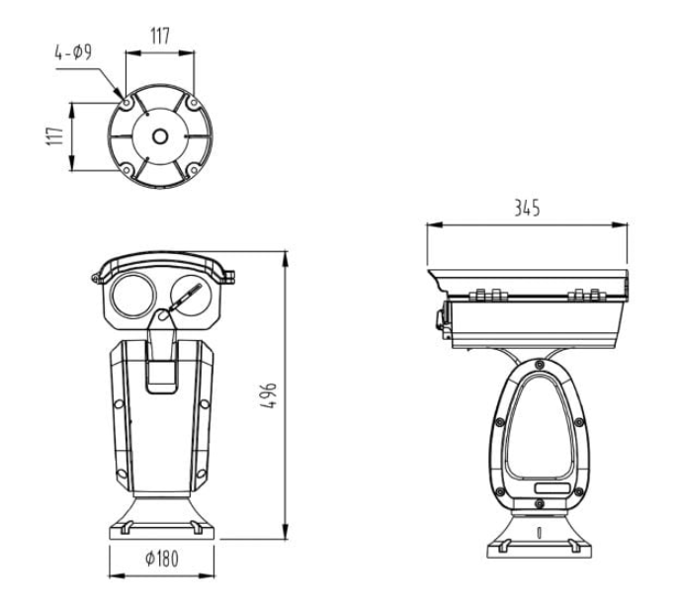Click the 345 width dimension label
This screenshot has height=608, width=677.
click(527, 209)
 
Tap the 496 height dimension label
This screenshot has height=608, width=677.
click(268, 395)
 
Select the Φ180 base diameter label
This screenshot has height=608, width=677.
click(161, 559)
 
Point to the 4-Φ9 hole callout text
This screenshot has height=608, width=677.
click(73, 52)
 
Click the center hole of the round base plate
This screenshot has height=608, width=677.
click(160, 136)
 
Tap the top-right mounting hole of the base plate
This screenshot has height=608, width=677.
click(194, 103)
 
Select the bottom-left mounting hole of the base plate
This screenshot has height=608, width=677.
click(127, 171)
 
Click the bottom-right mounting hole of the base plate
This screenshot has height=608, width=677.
click(194, 171)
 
